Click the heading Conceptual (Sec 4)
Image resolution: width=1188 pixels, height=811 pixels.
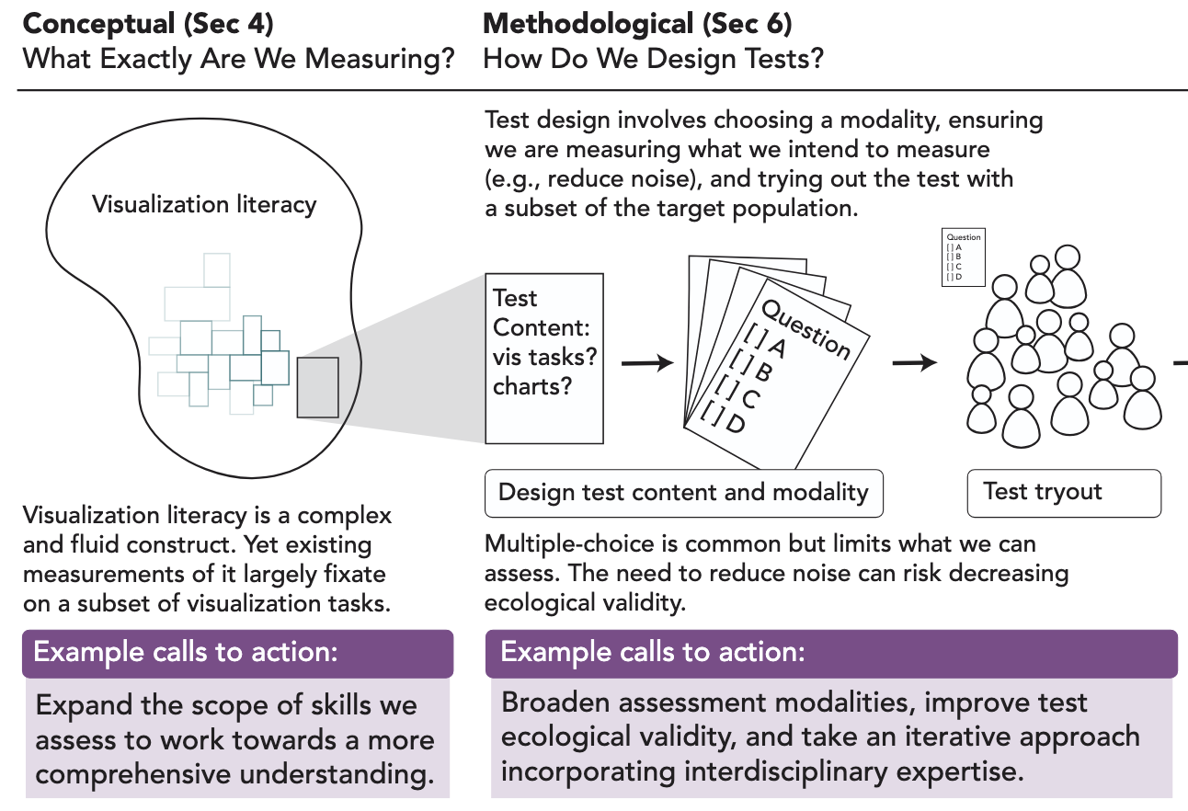(147, 22)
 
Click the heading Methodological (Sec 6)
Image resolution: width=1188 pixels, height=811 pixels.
(637, 22)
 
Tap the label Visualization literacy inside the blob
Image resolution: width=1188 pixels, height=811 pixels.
(204, 204)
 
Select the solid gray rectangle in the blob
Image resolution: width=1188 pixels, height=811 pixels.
(317, 387)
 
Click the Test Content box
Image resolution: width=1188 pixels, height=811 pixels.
(544, 358)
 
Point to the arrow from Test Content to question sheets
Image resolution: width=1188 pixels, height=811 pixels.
(646, 363)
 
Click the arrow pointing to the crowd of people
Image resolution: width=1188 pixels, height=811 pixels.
(915, 363)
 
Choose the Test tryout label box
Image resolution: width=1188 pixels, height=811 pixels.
(1064, 493)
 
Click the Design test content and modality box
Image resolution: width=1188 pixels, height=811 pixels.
(683, 493)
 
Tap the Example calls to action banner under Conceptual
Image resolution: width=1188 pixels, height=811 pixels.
(237, 653)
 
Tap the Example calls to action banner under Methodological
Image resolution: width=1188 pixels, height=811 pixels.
(831, 653)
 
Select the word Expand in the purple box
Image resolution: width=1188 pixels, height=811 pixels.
(81, 707)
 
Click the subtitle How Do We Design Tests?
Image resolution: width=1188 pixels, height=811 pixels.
(653, 60)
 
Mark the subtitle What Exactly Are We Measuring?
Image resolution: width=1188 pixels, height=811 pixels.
(239, 60)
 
